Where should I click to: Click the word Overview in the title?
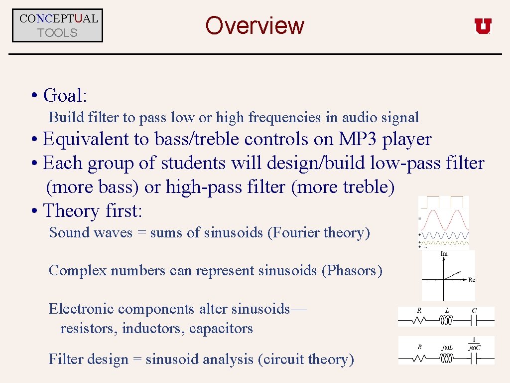pos(255,25)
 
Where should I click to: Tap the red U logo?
pos(483,26)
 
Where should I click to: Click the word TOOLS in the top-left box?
pos(58,33)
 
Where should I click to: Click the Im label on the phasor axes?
pos(444,254)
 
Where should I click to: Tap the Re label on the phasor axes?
pos(472,280)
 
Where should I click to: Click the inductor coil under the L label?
pos(447,321)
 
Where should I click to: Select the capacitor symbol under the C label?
pos(474,321)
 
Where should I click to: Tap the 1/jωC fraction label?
pos(474,344)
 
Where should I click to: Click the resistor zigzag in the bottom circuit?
pos(419,358)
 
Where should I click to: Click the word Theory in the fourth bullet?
pos(72,211)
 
